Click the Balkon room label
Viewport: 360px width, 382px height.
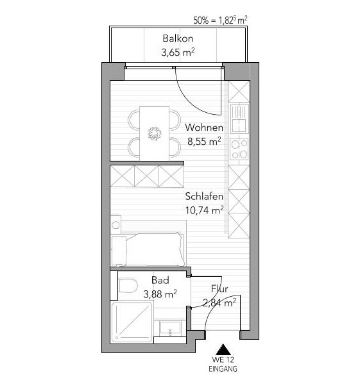(178, 38)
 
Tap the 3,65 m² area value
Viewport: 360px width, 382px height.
(178, 52)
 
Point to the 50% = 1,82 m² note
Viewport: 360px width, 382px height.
(221, 20)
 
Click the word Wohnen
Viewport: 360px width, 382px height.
(204, 128)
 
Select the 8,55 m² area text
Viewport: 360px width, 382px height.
(204, 141)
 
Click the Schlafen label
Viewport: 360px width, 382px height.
(204, 196)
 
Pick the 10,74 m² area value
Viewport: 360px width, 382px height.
(205, 210)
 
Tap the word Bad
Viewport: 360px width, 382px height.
(160, 280)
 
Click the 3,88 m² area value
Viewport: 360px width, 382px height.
(160, 294)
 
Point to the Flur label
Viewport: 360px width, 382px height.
(219, 288)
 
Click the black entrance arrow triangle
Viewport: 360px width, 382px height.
(223, 349)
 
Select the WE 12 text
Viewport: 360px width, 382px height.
(223, 360)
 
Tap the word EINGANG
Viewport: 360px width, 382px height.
(223, 369)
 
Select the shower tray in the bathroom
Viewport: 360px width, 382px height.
(132, 322)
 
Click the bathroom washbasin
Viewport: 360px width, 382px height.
(170, 328)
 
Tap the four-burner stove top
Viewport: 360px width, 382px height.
(239, 148)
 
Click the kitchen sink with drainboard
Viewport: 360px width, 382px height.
(239, 119)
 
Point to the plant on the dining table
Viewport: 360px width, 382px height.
(155, 134)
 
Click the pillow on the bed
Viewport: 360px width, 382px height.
(119, 251)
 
